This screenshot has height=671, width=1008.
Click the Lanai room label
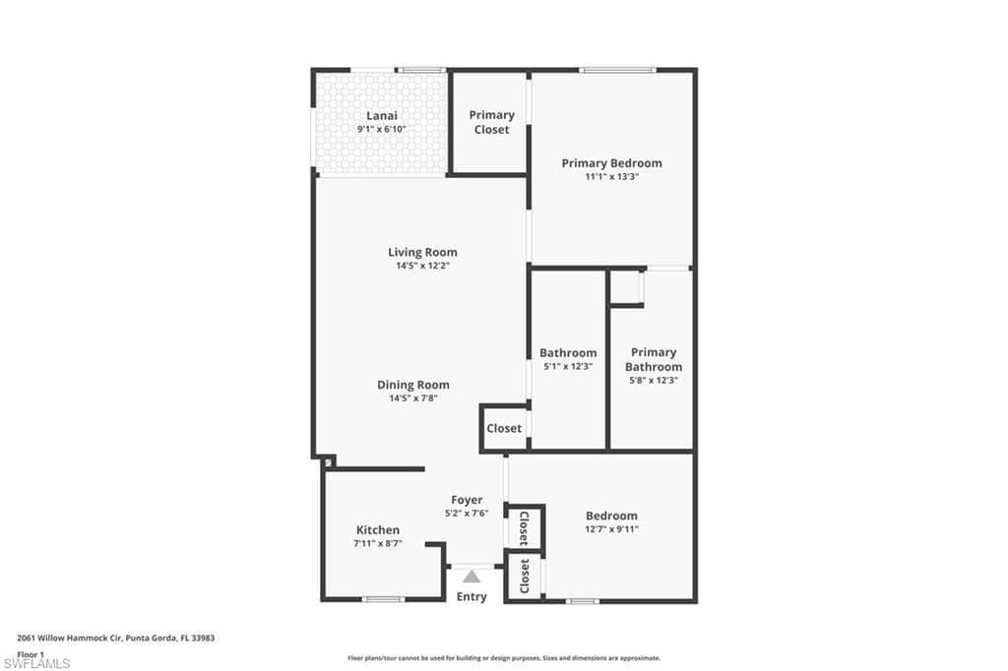(382, 116)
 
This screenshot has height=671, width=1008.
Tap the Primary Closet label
(492, 122)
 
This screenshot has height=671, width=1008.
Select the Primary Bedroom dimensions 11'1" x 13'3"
(611, 177)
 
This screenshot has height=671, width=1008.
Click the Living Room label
(422, 253)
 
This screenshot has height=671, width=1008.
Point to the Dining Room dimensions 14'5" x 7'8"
(413, 398)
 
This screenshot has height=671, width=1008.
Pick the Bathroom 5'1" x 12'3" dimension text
(568, 366)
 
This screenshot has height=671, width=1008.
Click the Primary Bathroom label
(654, 359)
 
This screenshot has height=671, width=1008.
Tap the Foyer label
(467, 500)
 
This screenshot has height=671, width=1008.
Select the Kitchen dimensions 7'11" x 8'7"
(378, 544)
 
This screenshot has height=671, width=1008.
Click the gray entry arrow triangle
(472, 576)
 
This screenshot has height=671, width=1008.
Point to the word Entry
(472, 597)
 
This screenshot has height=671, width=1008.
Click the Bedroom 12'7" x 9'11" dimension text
(611, 529)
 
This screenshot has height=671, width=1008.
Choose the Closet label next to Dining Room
(504, 428)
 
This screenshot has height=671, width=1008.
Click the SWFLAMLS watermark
(36, 663)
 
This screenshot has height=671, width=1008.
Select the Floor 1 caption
(31, 654)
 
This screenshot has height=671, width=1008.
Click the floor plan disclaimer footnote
(504, 658)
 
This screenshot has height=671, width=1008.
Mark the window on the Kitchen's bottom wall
(383, 599)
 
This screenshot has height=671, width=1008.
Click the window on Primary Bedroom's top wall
(617, 70)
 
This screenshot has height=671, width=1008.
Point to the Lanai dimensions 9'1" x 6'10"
(382, 129)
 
